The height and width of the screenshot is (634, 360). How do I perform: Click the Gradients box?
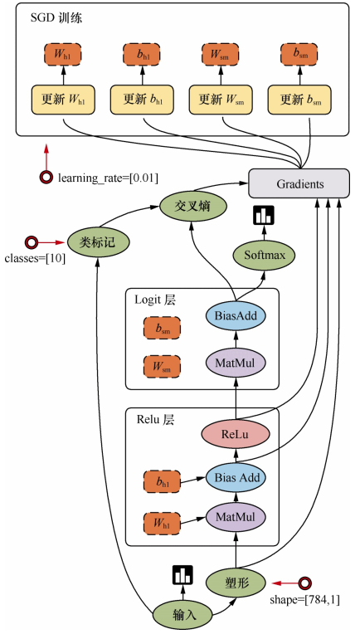point(299,184)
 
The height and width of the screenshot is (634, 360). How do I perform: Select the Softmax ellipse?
point(265,255)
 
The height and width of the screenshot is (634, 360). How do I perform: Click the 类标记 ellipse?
point(98,242)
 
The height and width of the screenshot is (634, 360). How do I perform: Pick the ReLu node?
point(236,435)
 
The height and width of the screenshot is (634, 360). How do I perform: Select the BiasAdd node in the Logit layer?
point(236,315)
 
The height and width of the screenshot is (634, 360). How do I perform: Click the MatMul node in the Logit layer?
point(236,363)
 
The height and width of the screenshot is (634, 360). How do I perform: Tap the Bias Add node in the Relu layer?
point(236,477)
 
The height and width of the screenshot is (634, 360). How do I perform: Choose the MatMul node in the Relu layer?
point(236,517)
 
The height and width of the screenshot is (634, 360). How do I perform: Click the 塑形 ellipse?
point(236,583)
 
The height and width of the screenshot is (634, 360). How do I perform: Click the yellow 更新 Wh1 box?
point(63,100)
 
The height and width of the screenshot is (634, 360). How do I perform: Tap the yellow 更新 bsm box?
point(299,100)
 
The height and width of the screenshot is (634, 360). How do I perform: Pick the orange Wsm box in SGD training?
point(220,55)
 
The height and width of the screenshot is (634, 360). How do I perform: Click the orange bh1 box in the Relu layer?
point(162,482)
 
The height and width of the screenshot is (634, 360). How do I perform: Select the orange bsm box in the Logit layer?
point(162,329)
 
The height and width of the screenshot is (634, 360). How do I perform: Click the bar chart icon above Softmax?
point(264,215)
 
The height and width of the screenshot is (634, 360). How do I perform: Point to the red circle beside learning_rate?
point(46,177)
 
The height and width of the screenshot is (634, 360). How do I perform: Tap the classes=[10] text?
point(35,258)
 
